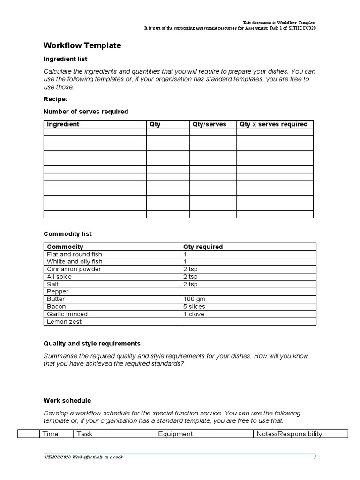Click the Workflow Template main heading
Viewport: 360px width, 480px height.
[82, 45]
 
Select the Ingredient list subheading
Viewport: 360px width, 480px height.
[66, 59]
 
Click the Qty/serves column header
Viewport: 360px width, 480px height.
[209, 124]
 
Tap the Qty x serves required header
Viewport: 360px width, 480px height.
[274, 124]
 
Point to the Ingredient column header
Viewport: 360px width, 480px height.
[63, 124]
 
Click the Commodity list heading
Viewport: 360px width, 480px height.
[68, 233]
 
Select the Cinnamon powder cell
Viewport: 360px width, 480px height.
[74, 269]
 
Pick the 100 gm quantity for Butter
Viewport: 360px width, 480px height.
[194, 299]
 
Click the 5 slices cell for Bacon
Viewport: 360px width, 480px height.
[194, 307]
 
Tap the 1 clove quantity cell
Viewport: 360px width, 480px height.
[194, 314]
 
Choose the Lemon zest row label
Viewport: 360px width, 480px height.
[64, 322]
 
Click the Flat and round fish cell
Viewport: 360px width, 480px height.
[75, 254]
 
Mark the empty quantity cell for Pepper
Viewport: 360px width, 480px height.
[248, 292]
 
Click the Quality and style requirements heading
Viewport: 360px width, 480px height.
[92, 344]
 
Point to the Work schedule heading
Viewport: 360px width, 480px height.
[67, 401]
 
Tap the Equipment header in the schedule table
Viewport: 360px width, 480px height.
[175, 434]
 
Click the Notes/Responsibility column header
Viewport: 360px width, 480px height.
[290, 434]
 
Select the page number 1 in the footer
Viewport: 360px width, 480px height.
[315, 457]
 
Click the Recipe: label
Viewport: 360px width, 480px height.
[55, 99]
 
